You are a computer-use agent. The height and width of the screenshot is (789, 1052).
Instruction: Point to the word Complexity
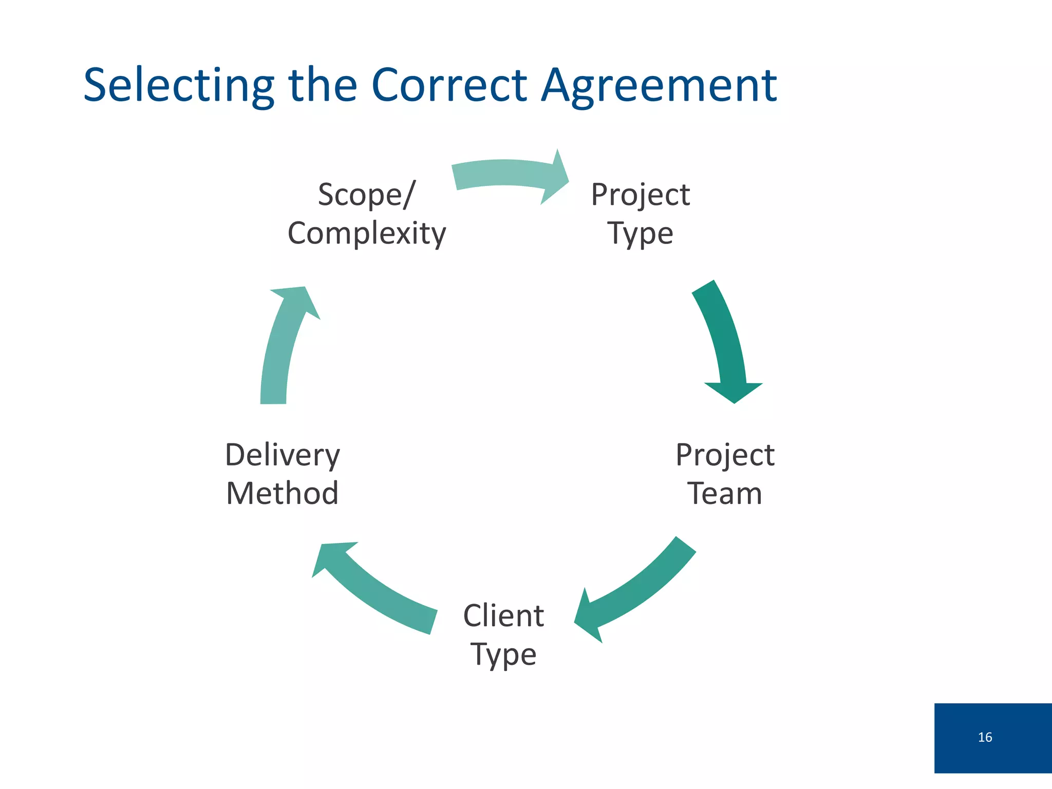367,234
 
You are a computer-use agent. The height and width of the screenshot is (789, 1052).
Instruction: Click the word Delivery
283,455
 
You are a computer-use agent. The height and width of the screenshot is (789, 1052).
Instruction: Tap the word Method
283,493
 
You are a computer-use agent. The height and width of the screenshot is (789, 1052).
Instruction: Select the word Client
503,615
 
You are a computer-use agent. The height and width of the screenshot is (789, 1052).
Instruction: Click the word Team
724,493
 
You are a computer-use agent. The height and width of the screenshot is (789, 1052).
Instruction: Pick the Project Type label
640,214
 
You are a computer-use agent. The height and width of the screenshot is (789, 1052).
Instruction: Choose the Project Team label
724,474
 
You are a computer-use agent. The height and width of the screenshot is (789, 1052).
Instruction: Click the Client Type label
503,635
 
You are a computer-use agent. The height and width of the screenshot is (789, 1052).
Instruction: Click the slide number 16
985,737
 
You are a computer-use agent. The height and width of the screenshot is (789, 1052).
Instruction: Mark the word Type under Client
503,654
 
